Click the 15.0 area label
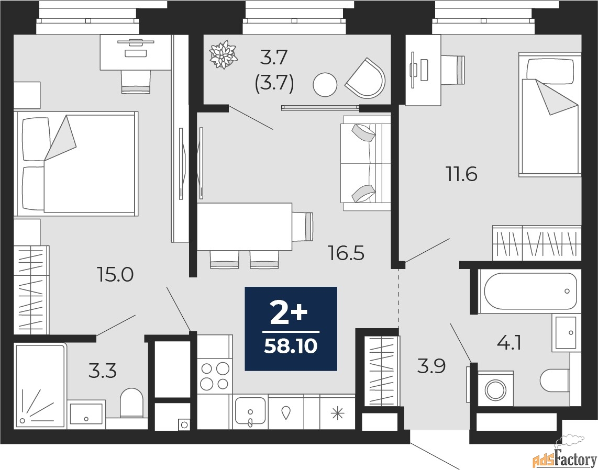click(115, 274)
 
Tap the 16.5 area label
click(346, 253)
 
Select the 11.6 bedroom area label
click(461, 174)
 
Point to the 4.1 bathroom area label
click(509, 343)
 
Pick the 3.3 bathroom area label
click(102, 371)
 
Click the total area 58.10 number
click(291, 346)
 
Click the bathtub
click(530, 291)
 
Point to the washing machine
click(495, 389)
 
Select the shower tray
click(40, 385)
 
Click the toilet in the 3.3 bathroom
click(131, 402)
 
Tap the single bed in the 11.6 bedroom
click(550, 115)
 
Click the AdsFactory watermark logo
click(564, 458)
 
